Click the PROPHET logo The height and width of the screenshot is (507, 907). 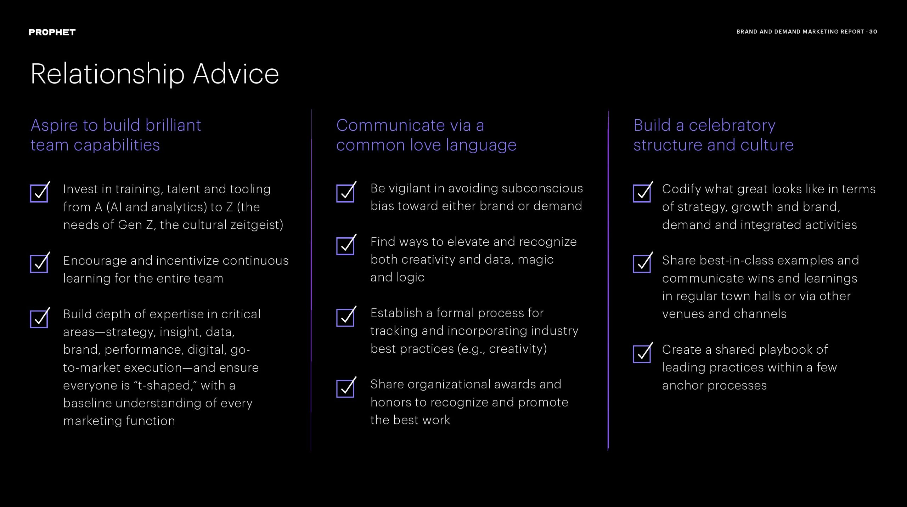[x=52, y=32]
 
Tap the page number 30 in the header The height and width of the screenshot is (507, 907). [x=873, y=32]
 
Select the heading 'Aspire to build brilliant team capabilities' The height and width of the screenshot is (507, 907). [x=116, y=135]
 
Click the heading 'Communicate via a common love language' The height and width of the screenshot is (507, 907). [x=426, y=135]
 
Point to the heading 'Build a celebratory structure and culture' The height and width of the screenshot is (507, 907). [x=713, y=135]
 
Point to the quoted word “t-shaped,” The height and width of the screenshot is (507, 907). [x=165, y=386]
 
